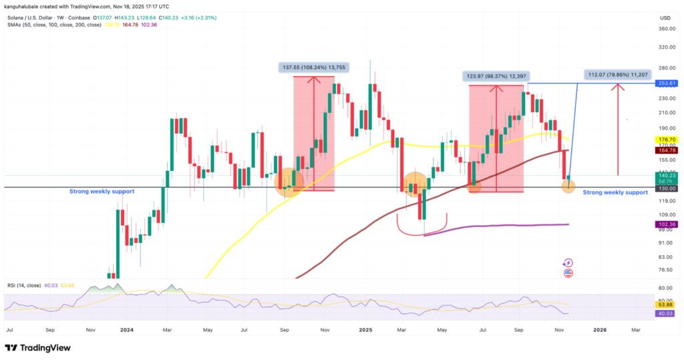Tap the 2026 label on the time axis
click(601, 330)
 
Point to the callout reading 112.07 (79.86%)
click(617, 74)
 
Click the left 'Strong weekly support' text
click(102, 192)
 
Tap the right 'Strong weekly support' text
click(615, 192)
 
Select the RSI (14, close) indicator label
click(27, 286)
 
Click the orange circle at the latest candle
click(568, 186)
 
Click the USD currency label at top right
click(665, 17)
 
